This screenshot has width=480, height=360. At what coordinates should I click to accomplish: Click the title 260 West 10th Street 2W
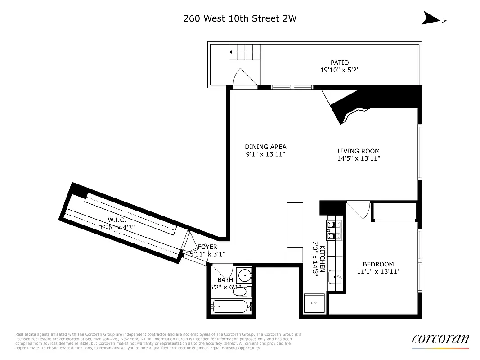[x=240, y=18]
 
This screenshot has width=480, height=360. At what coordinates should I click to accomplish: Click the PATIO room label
[x=340, y=63]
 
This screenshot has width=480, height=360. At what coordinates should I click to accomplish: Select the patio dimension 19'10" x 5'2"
[x=340, y=70]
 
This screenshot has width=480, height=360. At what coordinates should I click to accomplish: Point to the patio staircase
[x=245, y=52]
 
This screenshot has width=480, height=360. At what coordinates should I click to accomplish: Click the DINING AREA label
[x=265, y=147]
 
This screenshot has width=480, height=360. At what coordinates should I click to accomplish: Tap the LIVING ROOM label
[x=359, y=151]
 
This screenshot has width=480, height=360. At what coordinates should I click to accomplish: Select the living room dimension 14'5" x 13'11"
[x=359, y=158]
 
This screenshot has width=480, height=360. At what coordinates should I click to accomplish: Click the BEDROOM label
[x=378, y=264]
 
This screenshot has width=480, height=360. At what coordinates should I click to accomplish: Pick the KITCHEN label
[x=321, y=256]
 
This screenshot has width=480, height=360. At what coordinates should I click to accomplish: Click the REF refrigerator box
[x=314, y=303]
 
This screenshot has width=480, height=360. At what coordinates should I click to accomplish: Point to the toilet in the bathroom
[x=240, y=292]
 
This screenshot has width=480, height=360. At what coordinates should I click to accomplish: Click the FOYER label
[x=207, y=247]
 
